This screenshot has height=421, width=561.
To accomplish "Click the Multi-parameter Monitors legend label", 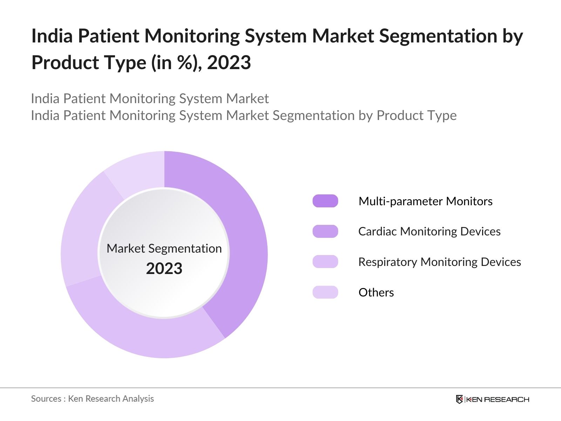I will coord(425,201).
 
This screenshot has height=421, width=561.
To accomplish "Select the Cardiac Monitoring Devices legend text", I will coord(429,232).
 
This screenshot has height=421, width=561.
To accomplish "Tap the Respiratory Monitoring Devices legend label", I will coord(439,262).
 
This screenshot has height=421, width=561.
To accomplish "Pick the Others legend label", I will coord(376,293).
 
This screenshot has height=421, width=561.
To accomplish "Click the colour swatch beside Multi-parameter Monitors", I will coord(325,201).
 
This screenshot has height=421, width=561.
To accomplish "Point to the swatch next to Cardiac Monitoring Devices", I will coord(325,232).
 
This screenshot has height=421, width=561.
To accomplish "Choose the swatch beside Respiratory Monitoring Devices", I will coord(325,262).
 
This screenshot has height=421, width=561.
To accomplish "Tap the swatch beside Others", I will coord(325,292).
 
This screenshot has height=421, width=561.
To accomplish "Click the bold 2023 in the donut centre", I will coord(164,269).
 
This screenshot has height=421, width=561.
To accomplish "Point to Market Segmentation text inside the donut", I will coord(164,248).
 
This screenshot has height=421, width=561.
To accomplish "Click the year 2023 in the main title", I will coord(229,63).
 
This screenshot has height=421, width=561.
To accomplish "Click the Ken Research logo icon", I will coord(459,399).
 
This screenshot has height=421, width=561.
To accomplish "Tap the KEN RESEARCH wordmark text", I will coord(498,399).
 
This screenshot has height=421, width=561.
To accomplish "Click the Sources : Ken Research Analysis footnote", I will coord(92,399).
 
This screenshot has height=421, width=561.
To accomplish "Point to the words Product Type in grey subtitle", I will coord(416,115).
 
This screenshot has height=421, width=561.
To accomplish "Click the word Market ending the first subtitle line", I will coord(247,99).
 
